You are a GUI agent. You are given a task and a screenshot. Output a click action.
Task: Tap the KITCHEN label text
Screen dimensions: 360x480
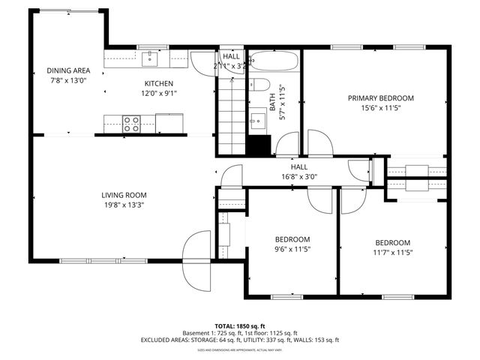159,83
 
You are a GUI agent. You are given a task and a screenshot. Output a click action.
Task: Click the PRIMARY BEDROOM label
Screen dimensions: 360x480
380,97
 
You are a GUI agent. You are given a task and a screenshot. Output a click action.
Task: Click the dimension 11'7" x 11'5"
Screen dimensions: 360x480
393,252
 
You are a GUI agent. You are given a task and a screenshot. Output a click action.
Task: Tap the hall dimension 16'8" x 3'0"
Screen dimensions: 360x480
299,177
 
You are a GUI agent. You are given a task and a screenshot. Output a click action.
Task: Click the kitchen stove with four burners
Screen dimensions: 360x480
132,123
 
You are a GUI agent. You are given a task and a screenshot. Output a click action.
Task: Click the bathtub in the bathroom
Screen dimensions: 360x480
274,60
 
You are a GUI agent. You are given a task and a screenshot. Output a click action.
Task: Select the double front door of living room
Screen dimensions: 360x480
199,259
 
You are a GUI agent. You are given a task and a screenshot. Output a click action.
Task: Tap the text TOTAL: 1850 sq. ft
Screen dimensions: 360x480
239,325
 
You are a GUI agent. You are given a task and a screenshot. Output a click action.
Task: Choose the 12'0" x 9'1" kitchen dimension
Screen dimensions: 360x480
159,94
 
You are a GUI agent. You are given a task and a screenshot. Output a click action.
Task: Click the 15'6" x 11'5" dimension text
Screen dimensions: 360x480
380,108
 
